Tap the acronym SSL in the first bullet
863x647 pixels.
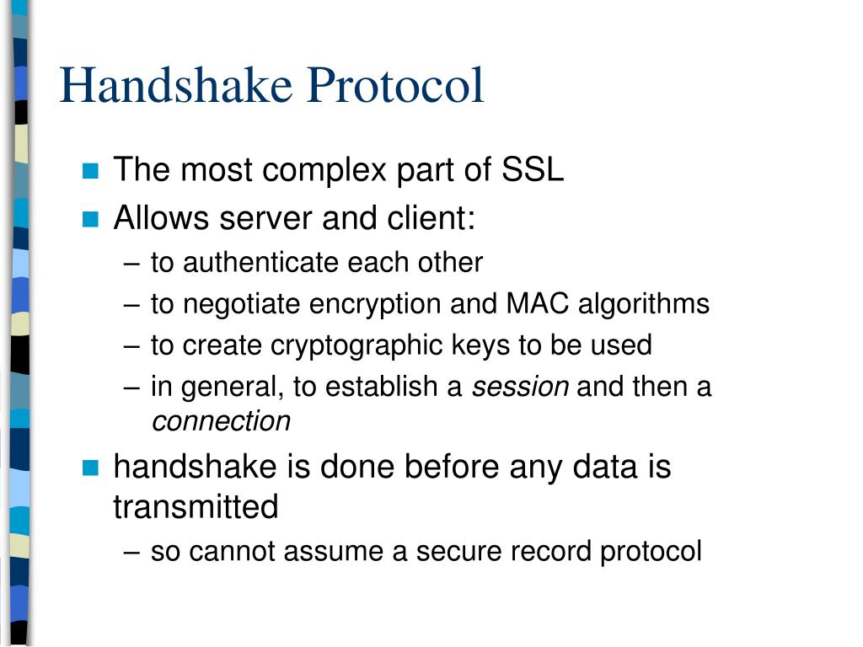click(x=533, y=170)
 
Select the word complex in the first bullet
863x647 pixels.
click(x=323, y=172)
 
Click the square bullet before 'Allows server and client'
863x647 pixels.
click(x=91, y=220)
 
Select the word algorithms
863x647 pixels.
click(x=644, y=305)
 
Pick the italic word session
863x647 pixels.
click(x=520, y=388)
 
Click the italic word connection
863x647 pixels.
click(x=221, y=421)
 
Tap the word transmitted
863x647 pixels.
click(x=196, y=507)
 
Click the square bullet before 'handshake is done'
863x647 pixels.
click(x=91, y=467)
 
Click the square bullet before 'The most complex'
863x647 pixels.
click(x=91, y=172)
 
